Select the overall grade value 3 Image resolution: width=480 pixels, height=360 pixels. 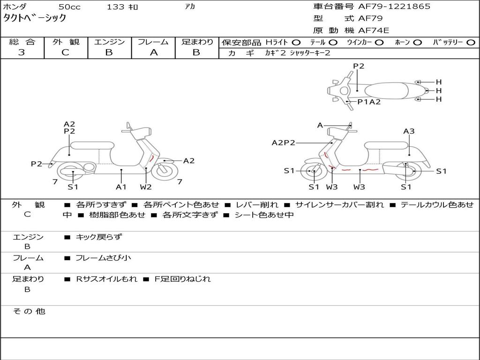[x=22, y=52]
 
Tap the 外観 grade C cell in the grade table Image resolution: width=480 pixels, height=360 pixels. [x=65, y=52]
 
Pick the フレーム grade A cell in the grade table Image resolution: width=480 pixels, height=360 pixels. [x=154, y=52]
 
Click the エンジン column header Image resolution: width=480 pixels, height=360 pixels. [x=109, y=42]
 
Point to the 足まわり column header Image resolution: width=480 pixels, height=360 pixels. [x=197, y=42]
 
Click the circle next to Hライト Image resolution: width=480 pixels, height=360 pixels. [x=296, y=42]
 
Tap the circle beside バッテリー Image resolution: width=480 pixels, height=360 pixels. [x=471, y=42]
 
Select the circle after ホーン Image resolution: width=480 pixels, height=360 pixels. [x=417, y=42]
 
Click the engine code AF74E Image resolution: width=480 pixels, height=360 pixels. [x=373, y=30]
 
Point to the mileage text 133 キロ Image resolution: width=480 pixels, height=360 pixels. [x=122, y=7]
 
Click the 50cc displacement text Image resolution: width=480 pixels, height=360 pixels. [x=69, y=7]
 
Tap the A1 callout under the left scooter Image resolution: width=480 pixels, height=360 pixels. [x=121, y=187]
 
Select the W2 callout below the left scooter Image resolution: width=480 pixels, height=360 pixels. [x=146, y=187]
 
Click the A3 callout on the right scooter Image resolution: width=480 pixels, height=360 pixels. [x=409, y=131]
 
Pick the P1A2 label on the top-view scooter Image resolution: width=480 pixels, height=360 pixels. [x=369, y=102]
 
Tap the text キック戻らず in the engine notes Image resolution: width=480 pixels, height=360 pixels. [x=98, y=237]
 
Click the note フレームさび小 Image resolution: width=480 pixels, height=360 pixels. [x=103, y=258]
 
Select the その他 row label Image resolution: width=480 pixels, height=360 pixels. [x=29, y=311]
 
